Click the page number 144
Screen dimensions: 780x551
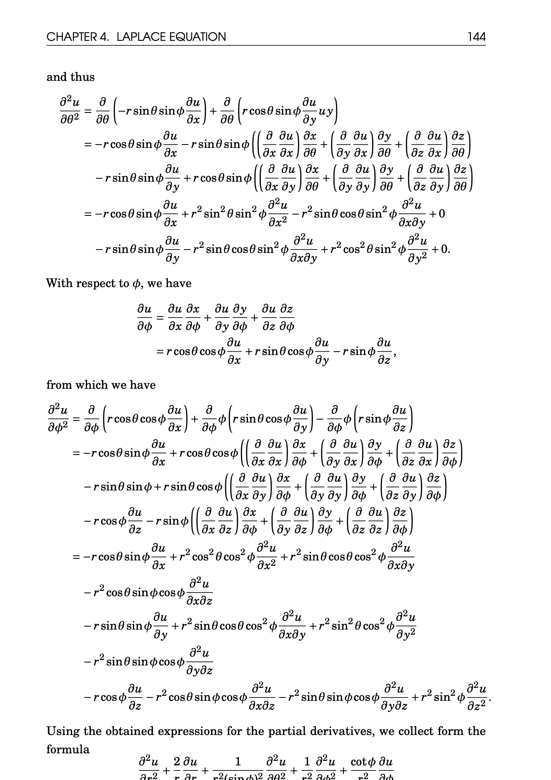(x=476, y=37)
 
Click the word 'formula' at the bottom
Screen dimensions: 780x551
(x=68, y=750)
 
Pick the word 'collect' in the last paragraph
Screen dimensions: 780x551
(x=418, y=731)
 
